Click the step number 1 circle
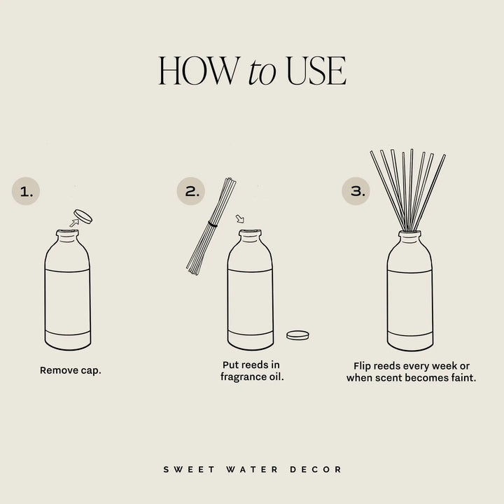tap(26, 191)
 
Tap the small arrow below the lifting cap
tap(73, 223)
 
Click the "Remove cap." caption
tap(71, 370)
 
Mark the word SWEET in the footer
tap(181, 469)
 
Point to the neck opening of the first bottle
tap(67, 232)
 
